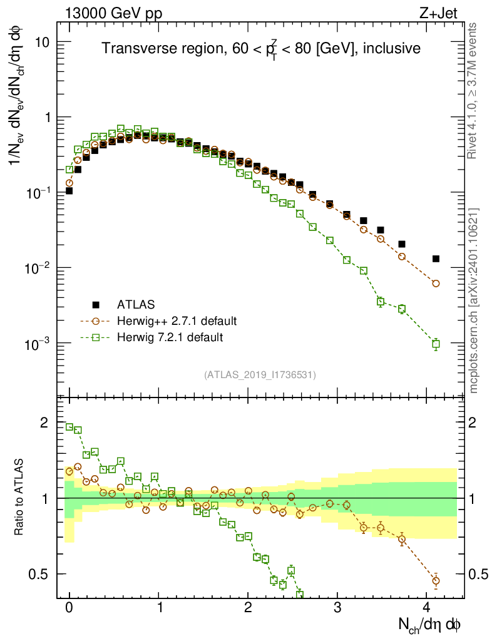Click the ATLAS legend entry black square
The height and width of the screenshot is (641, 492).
click(96, 305)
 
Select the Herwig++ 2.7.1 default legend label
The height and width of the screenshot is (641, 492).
click(177, 321)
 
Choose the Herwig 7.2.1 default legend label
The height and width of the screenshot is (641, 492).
click(170, 337)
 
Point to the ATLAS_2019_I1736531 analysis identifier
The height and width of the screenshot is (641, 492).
click(260, 375)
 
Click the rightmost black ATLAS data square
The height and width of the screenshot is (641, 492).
click(436, 259)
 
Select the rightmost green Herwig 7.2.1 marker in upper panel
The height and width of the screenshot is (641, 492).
click(436, 344)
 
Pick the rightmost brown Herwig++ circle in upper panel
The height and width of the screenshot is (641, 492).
click(436, 284)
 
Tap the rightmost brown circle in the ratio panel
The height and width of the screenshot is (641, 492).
click(436, 580)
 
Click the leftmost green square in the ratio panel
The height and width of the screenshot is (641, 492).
click(69, 427)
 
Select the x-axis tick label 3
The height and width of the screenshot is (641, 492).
click(337, 608)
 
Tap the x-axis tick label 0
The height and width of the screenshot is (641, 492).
click(69, 608)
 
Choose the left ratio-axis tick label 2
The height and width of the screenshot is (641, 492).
click(44, 423)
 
